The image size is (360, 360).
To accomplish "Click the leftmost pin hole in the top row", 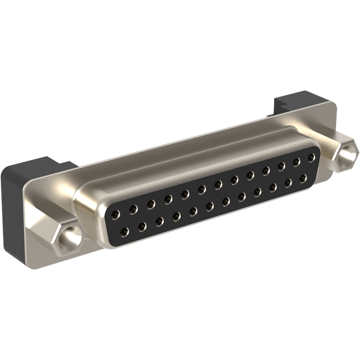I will (x=116, y=214).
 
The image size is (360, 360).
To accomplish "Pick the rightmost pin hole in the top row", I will (x=311, y=158).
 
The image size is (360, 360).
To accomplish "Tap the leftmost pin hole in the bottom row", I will (x=124, y=231).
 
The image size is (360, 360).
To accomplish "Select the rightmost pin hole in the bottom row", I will (x=303, y=177).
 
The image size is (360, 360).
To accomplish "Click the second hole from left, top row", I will (x=133, y=209).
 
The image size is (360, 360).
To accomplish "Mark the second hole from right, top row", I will (x=297, y=162).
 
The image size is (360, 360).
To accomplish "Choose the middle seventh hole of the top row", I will (x=218, y=184).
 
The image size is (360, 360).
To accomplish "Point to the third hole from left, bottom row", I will (x=159, y=221).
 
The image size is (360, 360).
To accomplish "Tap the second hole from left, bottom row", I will (x=142, y=226).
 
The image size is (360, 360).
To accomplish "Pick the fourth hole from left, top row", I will (x=168, y=199).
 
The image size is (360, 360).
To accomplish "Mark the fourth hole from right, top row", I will (x=266, y=171).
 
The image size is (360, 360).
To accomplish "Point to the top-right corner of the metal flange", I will (x=334, y=103).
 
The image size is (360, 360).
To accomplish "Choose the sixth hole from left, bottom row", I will (x=210, y=206).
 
